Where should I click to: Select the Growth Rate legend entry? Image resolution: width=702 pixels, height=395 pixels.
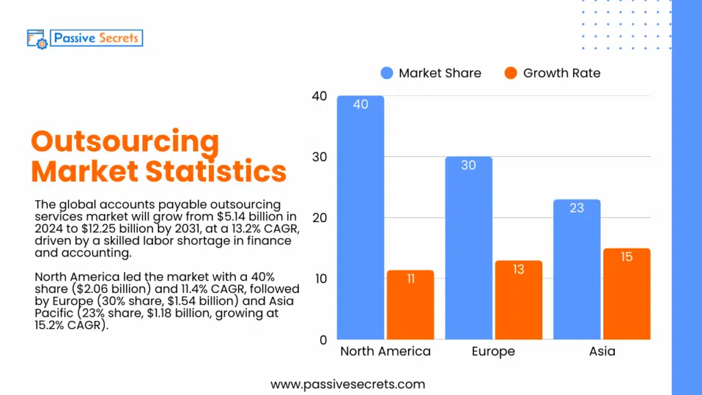[x=553, y=73]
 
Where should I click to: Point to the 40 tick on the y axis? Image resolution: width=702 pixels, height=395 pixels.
[x=319, y=96]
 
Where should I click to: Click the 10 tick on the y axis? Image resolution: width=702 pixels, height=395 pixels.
[x=319, y=278]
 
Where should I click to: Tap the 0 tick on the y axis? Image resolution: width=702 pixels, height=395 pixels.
[x=323, y=339]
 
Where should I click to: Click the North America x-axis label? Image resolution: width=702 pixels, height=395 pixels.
[x=385, y=352]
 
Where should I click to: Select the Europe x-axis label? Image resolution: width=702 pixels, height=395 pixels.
[x=493, y=352]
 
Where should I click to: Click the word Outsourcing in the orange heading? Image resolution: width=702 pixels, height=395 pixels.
[x=125, y=143]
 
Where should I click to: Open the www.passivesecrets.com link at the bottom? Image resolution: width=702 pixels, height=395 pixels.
[x=348, y=385]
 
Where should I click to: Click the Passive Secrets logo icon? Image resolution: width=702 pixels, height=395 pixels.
[x=36, y=38]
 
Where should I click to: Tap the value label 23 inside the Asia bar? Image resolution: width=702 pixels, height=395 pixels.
[x=577, y=208]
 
